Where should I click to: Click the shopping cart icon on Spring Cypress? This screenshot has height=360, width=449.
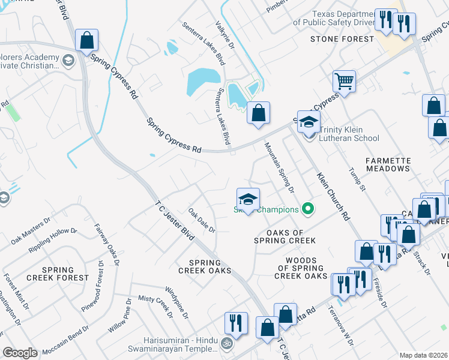point(345,81)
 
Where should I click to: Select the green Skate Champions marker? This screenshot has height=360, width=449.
point(308,209)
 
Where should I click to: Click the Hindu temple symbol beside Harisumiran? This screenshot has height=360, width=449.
point(226,345)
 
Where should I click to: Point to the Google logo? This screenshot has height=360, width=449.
point(20,352)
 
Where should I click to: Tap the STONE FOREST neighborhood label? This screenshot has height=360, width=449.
point(342,39)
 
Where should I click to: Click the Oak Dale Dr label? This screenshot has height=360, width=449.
point(202,221)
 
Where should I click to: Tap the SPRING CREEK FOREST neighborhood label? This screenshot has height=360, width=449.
point(58,274)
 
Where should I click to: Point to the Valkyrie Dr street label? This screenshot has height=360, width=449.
point(223,37)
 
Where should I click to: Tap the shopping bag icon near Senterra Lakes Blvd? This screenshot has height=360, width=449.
point(258,113)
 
